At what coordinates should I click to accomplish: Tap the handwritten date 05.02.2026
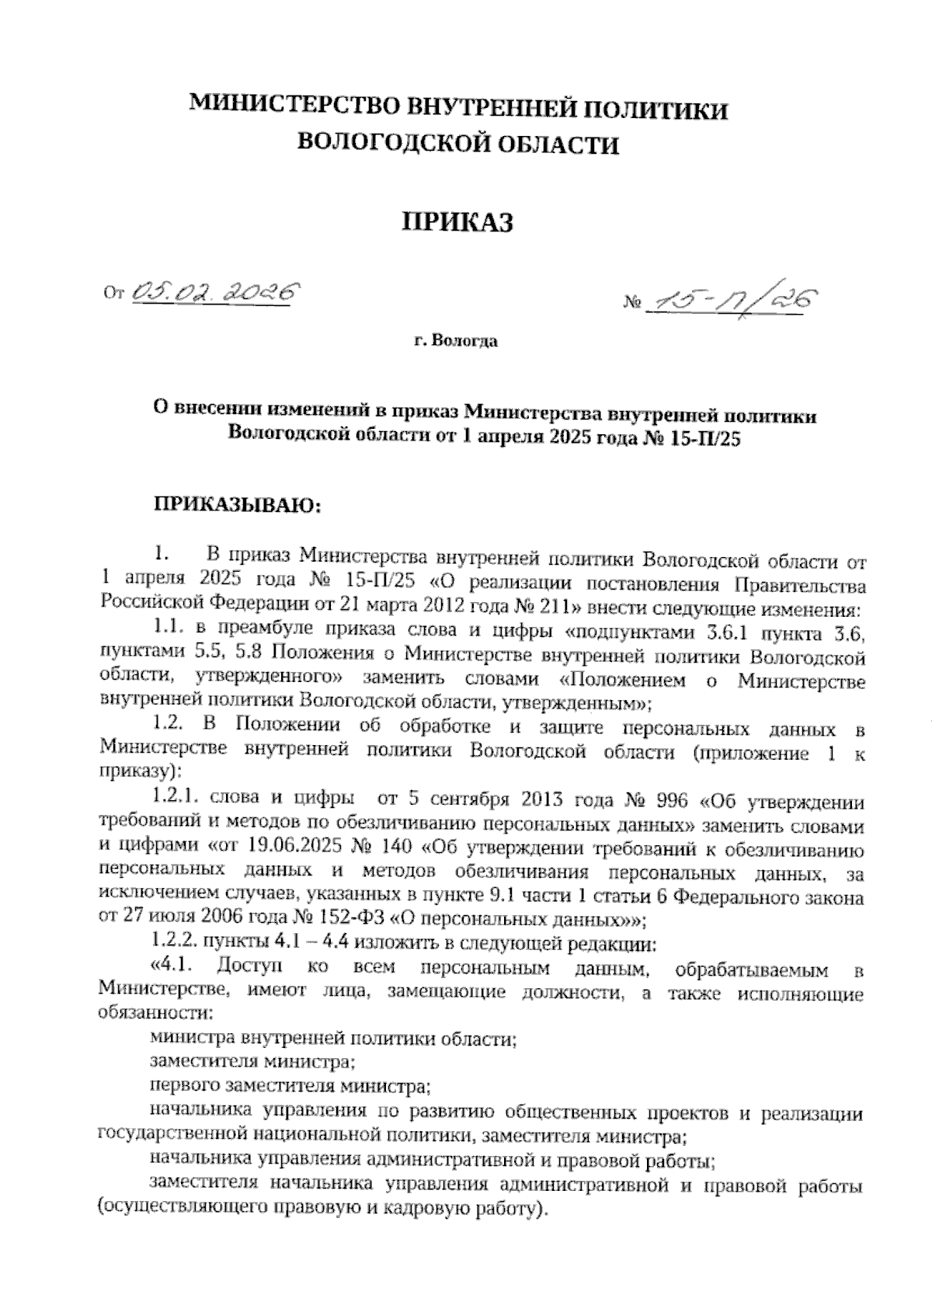click(x=216, y=292)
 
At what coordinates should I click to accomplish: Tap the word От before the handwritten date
click(x=114, y=294)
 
